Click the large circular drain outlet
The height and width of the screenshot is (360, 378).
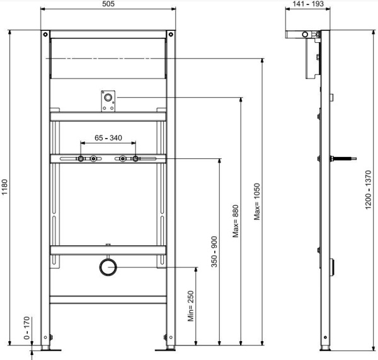tap(108, 267)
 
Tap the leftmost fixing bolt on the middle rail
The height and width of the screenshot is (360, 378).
tap(81, 159)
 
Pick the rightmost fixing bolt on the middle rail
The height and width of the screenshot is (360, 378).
tap(135, 159)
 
